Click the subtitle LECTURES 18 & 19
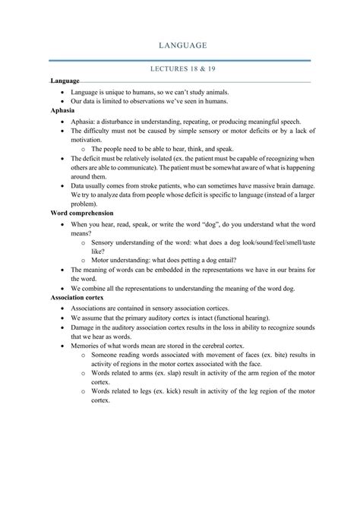[179, 69]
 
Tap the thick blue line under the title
[179, 59]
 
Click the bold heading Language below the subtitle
[65, 81]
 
